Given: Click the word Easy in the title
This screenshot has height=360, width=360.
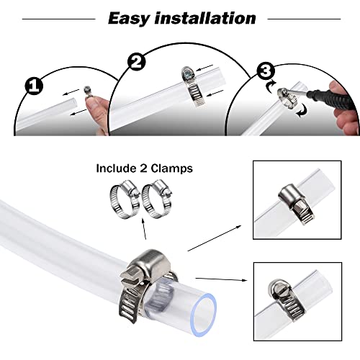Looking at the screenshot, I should [x=134, y=17].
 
